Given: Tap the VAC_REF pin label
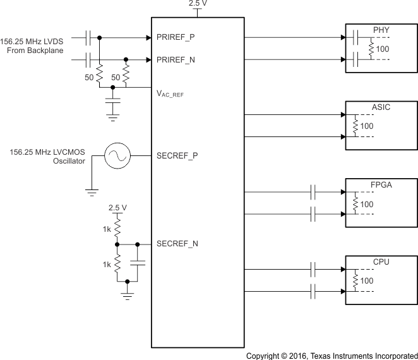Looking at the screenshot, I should [x=173, y=94].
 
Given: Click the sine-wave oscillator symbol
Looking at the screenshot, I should [x=117, y=155].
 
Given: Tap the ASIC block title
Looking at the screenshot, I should [x=381, y=107].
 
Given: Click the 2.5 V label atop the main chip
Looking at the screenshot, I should [x=197, y=4].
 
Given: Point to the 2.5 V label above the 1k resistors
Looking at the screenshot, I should [x=117, y=207].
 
